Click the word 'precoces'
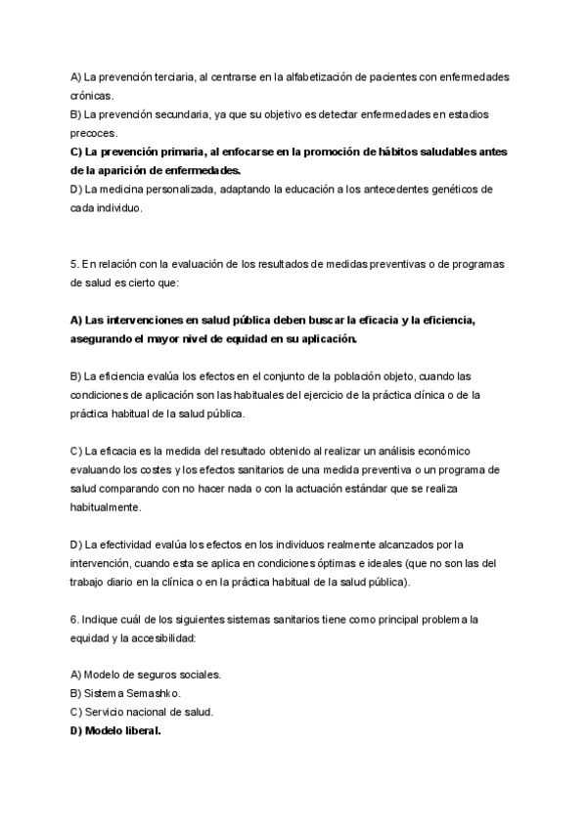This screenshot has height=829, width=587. point(94,133)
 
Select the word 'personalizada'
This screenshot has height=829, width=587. point(168,190)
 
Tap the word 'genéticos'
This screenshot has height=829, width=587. point(456,190)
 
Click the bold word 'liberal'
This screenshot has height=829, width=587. point(138,730)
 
